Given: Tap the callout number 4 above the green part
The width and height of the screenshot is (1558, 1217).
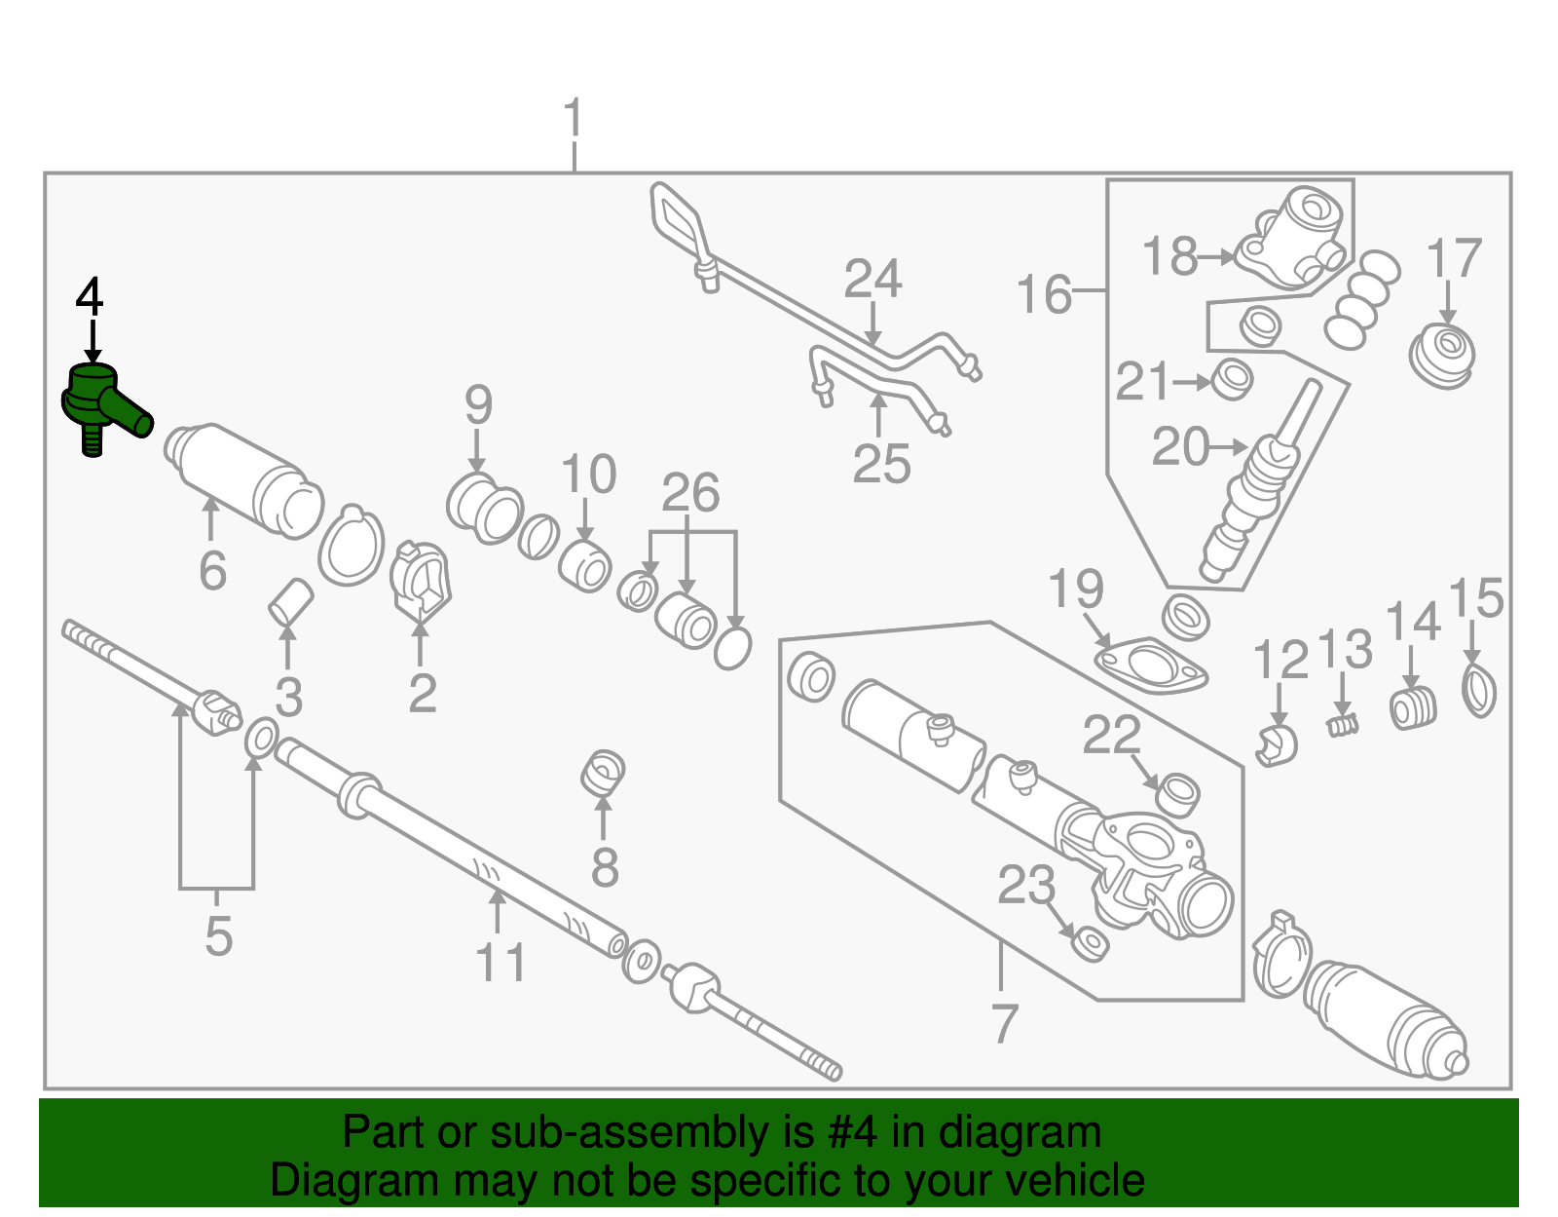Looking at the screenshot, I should (89, 296).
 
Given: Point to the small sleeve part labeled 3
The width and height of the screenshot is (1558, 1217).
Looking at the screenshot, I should (290, 600).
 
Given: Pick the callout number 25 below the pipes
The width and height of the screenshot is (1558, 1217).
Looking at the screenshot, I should (881, 464).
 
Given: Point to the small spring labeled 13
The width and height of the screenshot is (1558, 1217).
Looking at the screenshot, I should (1344, 725).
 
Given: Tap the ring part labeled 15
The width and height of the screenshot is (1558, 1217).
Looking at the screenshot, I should (1478, 691).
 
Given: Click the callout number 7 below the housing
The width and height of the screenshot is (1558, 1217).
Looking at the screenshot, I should (1004, 1023).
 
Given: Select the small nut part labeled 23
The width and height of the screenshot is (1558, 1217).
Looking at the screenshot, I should (1090, 943).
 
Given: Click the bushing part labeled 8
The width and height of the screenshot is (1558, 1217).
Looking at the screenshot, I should (604, 773).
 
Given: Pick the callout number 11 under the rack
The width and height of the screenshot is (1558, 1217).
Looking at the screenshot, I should (501, 963).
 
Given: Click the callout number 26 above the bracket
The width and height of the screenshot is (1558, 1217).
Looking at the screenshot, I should (690, 492).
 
